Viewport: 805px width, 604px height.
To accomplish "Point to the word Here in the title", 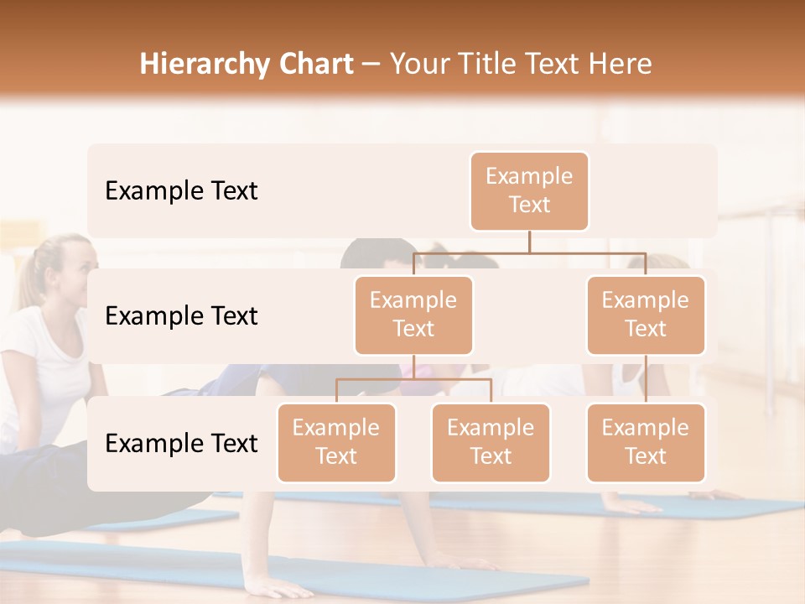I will [620, 65].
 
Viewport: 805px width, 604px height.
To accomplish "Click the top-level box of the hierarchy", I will [529, 190].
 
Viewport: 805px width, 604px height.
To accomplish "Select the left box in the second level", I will [413, 315].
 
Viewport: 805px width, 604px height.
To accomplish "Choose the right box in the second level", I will [646, 315].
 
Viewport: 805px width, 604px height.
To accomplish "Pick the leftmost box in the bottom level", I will [336, 442].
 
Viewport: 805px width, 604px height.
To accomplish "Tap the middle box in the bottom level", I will [491, 442].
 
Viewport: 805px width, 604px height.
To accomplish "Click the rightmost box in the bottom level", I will [646, 442].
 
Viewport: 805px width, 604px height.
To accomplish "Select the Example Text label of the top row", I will [181, 191].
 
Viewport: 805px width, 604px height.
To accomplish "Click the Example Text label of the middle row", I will [181, 316].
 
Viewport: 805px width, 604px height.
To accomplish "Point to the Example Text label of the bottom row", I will [181, 444].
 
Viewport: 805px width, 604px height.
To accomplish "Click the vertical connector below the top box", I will [529, 242].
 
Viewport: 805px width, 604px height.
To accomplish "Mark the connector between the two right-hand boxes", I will [646, 379].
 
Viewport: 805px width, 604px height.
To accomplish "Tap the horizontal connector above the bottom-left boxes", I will [413, 379].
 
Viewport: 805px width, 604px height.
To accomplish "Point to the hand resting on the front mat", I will [277, 586].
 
